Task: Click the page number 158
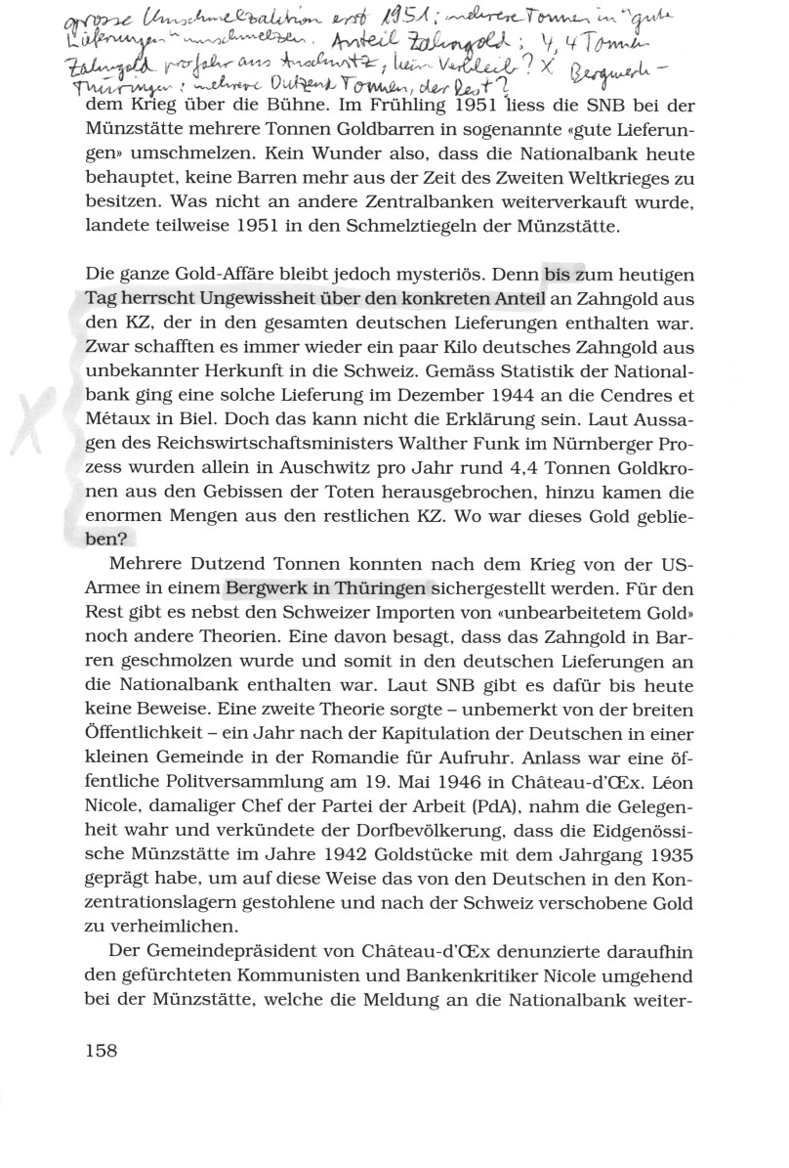pos(102,1050)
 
